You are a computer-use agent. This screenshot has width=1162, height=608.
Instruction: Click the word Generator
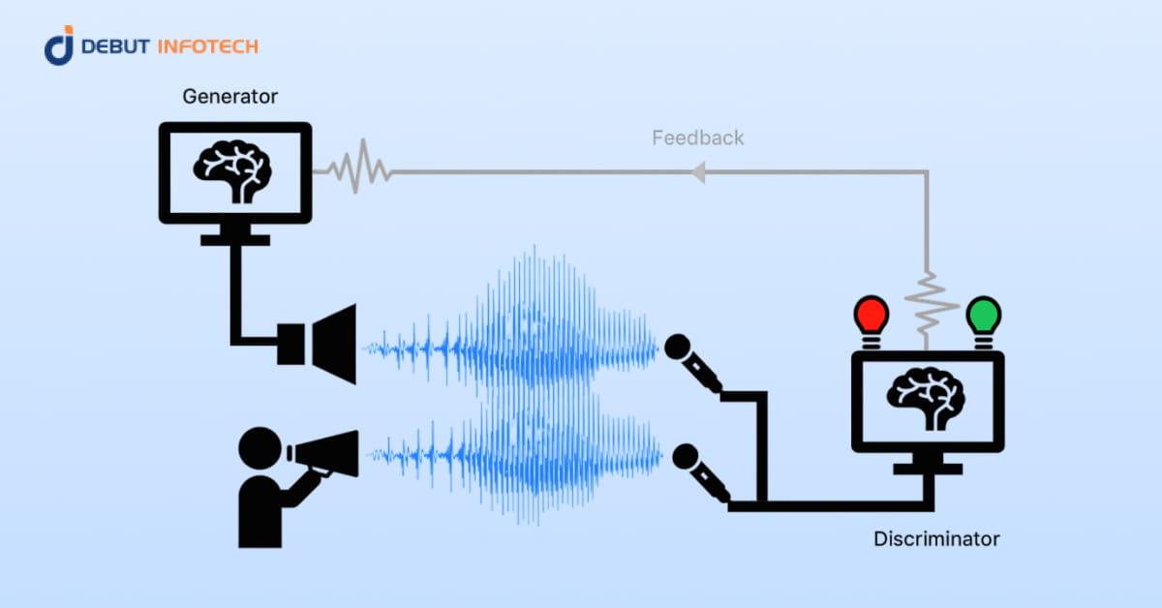pyautogui.click(x=230, y=97)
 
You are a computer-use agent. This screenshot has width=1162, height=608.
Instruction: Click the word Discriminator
pyautogui.click(x=936, y=538)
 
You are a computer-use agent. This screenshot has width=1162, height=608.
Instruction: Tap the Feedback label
pyautogui.click(x=697, y=137)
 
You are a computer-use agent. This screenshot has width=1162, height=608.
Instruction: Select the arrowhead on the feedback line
pyautogui.click(x=696, y=172)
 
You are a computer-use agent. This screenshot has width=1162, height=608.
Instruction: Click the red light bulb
pyautogui.click(x=871, y=316)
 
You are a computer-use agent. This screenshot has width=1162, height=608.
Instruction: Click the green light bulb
pyautogui.click(x=984, y=316)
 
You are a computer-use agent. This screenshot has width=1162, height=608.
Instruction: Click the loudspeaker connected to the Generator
pyautogui.click(x=320, y=344)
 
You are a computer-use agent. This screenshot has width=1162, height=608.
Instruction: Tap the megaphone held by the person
pyautogui.click(x=323, y=455)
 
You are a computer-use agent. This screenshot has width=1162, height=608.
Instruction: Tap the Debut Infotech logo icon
pyautogui.click(x=59, y=46)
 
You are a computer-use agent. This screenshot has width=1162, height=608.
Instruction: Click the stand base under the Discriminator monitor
pyautogui.click(x=928, y=470)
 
